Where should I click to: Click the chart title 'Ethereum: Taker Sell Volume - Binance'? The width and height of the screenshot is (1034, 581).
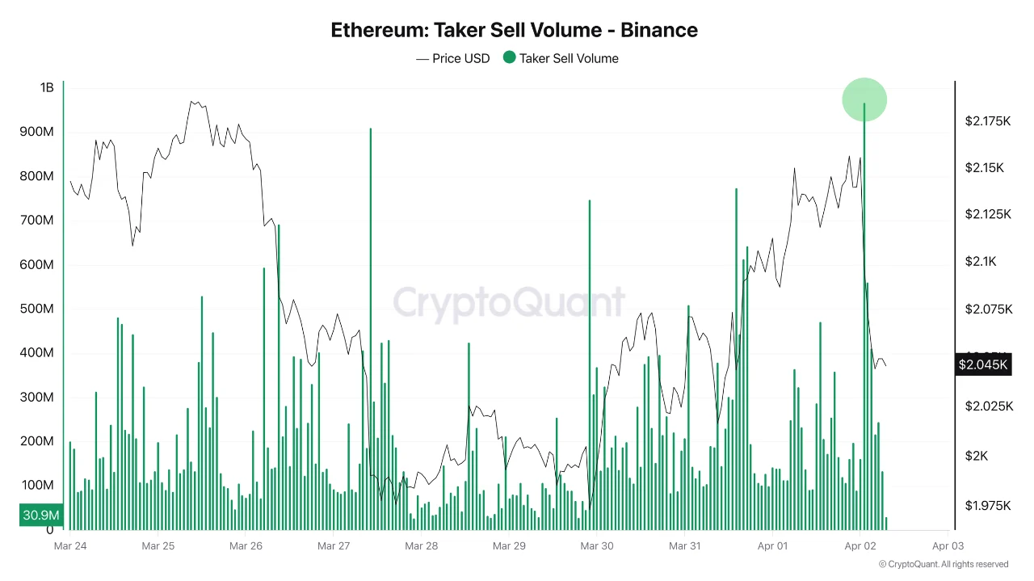click(514, 30)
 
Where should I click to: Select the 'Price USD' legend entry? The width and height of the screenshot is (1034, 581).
click(452, 58)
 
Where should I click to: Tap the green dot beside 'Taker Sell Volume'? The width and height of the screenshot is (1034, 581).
click(509, 57)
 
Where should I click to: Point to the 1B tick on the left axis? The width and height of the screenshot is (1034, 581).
click(46, 87)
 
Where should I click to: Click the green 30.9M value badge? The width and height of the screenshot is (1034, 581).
click(40, 515)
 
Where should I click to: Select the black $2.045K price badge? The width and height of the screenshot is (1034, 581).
click(982, 364)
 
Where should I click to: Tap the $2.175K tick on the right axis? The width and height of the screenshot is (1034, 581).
click(987, 121)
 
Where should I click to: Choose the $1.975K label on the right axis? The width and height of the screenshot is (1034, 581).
click(987, 506)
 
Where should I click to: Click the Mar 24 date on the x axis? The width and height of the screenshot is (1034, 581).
click(69, 546)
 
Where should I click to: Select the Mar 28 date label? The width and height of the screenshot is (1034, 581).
click(421, 546)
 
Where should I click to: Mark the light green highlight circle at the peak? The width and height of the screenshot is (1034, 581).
click(864, 99)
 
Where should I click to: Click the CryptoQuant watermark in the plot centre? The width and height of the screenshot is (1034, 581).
click(509, 303)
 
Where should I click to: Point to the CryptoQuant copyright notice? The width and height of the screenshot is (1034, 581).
click(943, 565)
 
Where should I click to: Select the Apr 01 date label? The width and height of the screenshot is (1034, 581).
click(772, 546)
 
